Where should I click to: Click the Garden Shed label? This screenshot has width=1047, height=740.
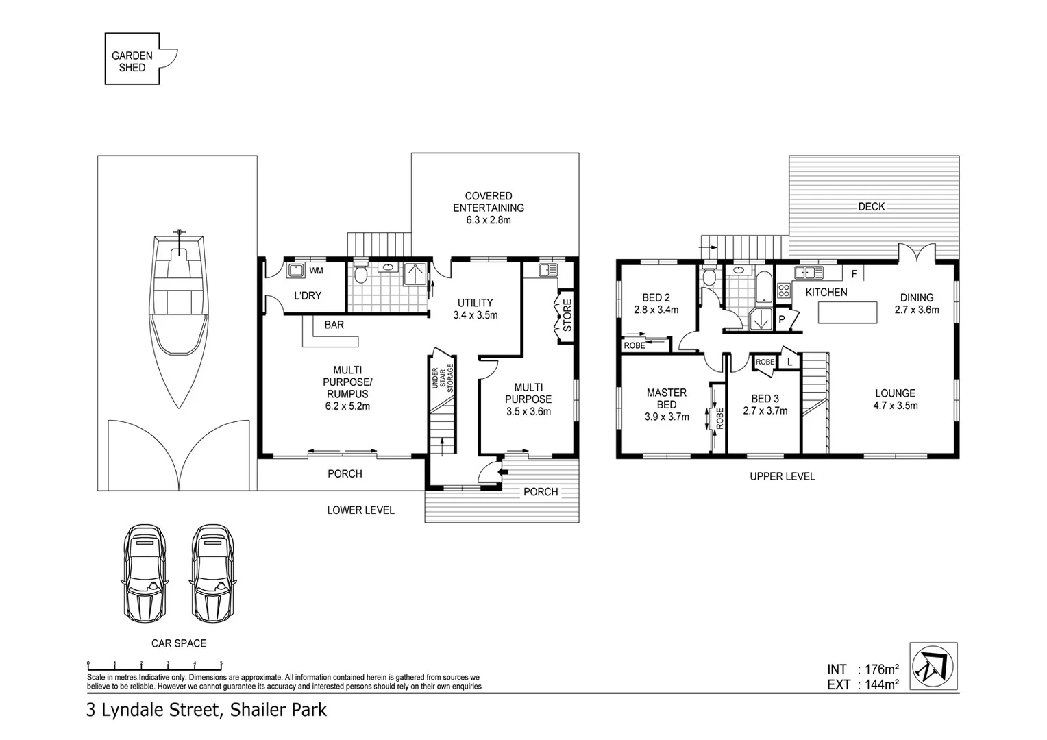click(x=132, y=62)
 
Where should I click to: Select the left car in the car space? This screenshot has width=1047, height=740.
click(x=145, y=573)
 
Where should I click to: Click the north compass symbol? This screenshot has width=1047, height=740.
click(x=933, y=667)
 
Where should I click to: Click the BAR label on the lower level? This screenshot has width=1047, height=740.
click(x=334, y=325)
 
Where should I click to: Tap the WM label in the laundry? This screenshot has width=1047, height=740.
click(x=316, y=271)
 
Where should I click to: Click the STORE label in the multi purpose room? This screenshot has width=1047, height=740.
click(x=567, y=315)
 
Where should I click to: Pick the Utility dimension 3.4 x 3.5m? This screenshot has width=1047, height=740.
click(x=475, y=315)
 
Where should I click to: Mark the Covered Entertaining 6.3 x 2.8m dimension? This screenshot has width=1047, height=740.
click(x=489, y=220)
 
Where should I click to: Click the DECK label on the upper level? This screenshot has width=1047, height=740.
click(x=871, y=206)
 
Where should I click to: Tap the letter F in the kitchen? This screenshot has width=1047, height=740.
click(x=854, y=274)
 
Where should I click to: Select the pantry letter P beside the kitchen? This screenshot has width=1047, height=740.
click(x=781, y=319)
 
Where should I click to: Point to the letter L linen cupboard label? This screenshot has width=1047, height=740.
click(x=789, y=361)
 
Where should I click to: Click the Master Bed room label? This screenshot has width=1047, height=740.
click(x=666, y=398)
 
